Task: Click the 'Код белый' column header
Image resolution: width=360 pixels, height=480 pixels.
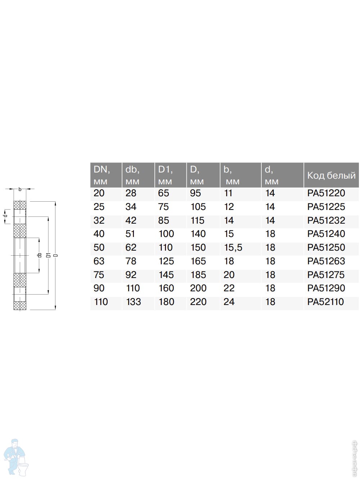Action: point(331,175)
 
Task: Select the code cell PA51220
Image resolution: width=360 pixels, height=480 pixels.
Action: point(326,193)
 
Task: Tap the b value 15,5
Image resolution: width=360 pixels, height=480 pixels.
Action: point(233,248)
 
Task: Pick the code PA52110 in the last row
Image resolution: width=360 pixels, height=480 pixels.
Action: point(325,302)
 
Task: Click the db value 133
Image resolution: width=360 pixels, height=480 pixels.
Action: point(134,302)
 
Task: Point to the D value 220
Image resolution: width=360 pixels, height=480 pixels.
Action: point(198,302)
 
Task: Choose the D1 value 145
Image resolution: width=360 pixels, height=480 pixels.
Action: point(166,275)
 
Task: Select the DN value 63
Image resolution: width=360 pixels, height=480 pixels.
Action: point(99,261)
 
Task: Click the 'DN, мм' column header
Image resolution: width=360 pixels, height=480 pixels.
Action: point(102,175)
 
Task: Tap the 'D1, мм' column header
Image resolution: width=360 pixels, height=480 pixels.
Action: point(166,175)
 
